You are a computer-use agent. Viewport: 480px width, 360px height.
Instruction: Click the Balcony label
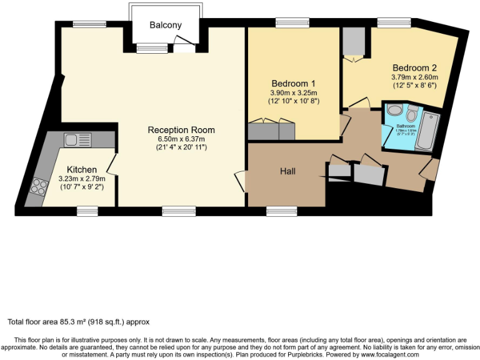coord(166,25)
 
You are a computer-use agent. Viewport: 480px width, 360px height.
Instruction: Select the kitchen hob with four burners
coord(39,187)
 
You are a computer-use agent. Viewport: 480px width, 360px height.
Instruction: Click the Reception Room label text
coord(181,130)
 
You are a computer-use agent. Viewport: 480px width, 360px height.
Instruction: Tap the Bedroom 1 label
coord(294,84)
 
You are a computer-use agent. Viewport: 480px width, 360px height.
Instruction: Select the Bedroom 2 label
coord(414,67)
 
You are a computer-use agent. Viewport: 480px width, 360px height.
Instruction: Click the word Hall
coord(287,171)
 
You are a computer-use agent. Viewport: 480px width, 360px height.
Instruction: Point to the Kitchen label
coord(82,169)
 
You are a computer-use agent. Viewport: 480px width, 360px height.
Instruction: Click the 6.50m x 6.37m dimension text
coord(181,139)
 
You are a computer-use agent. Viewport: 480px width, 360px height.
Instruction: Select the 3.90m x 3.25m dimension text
coord(294,92)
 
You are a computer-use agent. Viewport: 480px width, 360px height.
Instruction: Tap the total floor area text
coord(78,322)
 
